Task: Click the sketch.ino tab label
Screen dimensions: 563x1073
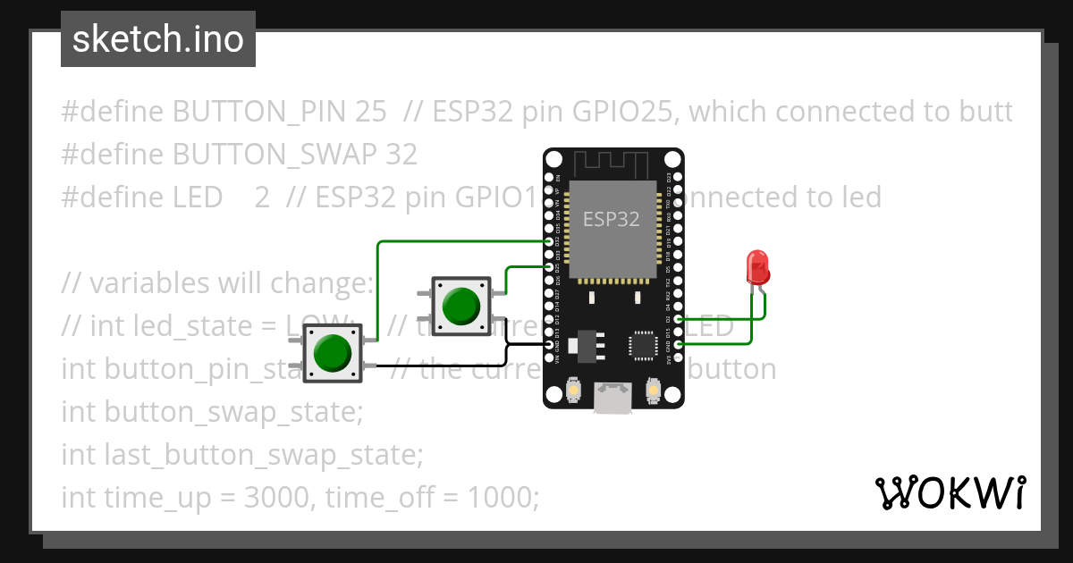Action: [158, 39]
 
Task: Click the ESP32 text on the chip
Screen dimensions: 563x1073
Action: [612, 218]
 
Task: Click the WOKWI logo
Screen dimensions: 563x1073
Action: [950, 492]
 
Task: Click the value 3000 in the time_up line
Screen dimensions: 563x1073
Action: [275, 497]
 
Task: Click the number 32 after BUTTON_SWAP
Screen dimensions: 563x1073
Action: [401, 155]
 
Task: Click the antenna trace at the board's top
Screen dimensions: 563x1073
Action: [612, 164]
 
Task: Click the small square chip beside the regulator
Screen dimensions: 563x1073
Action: [644, 347]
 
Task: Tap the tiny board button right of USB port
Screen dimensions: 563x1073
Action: [653, 391]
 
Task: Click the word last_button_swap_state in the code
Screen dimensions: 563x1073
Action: [262, 454]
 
